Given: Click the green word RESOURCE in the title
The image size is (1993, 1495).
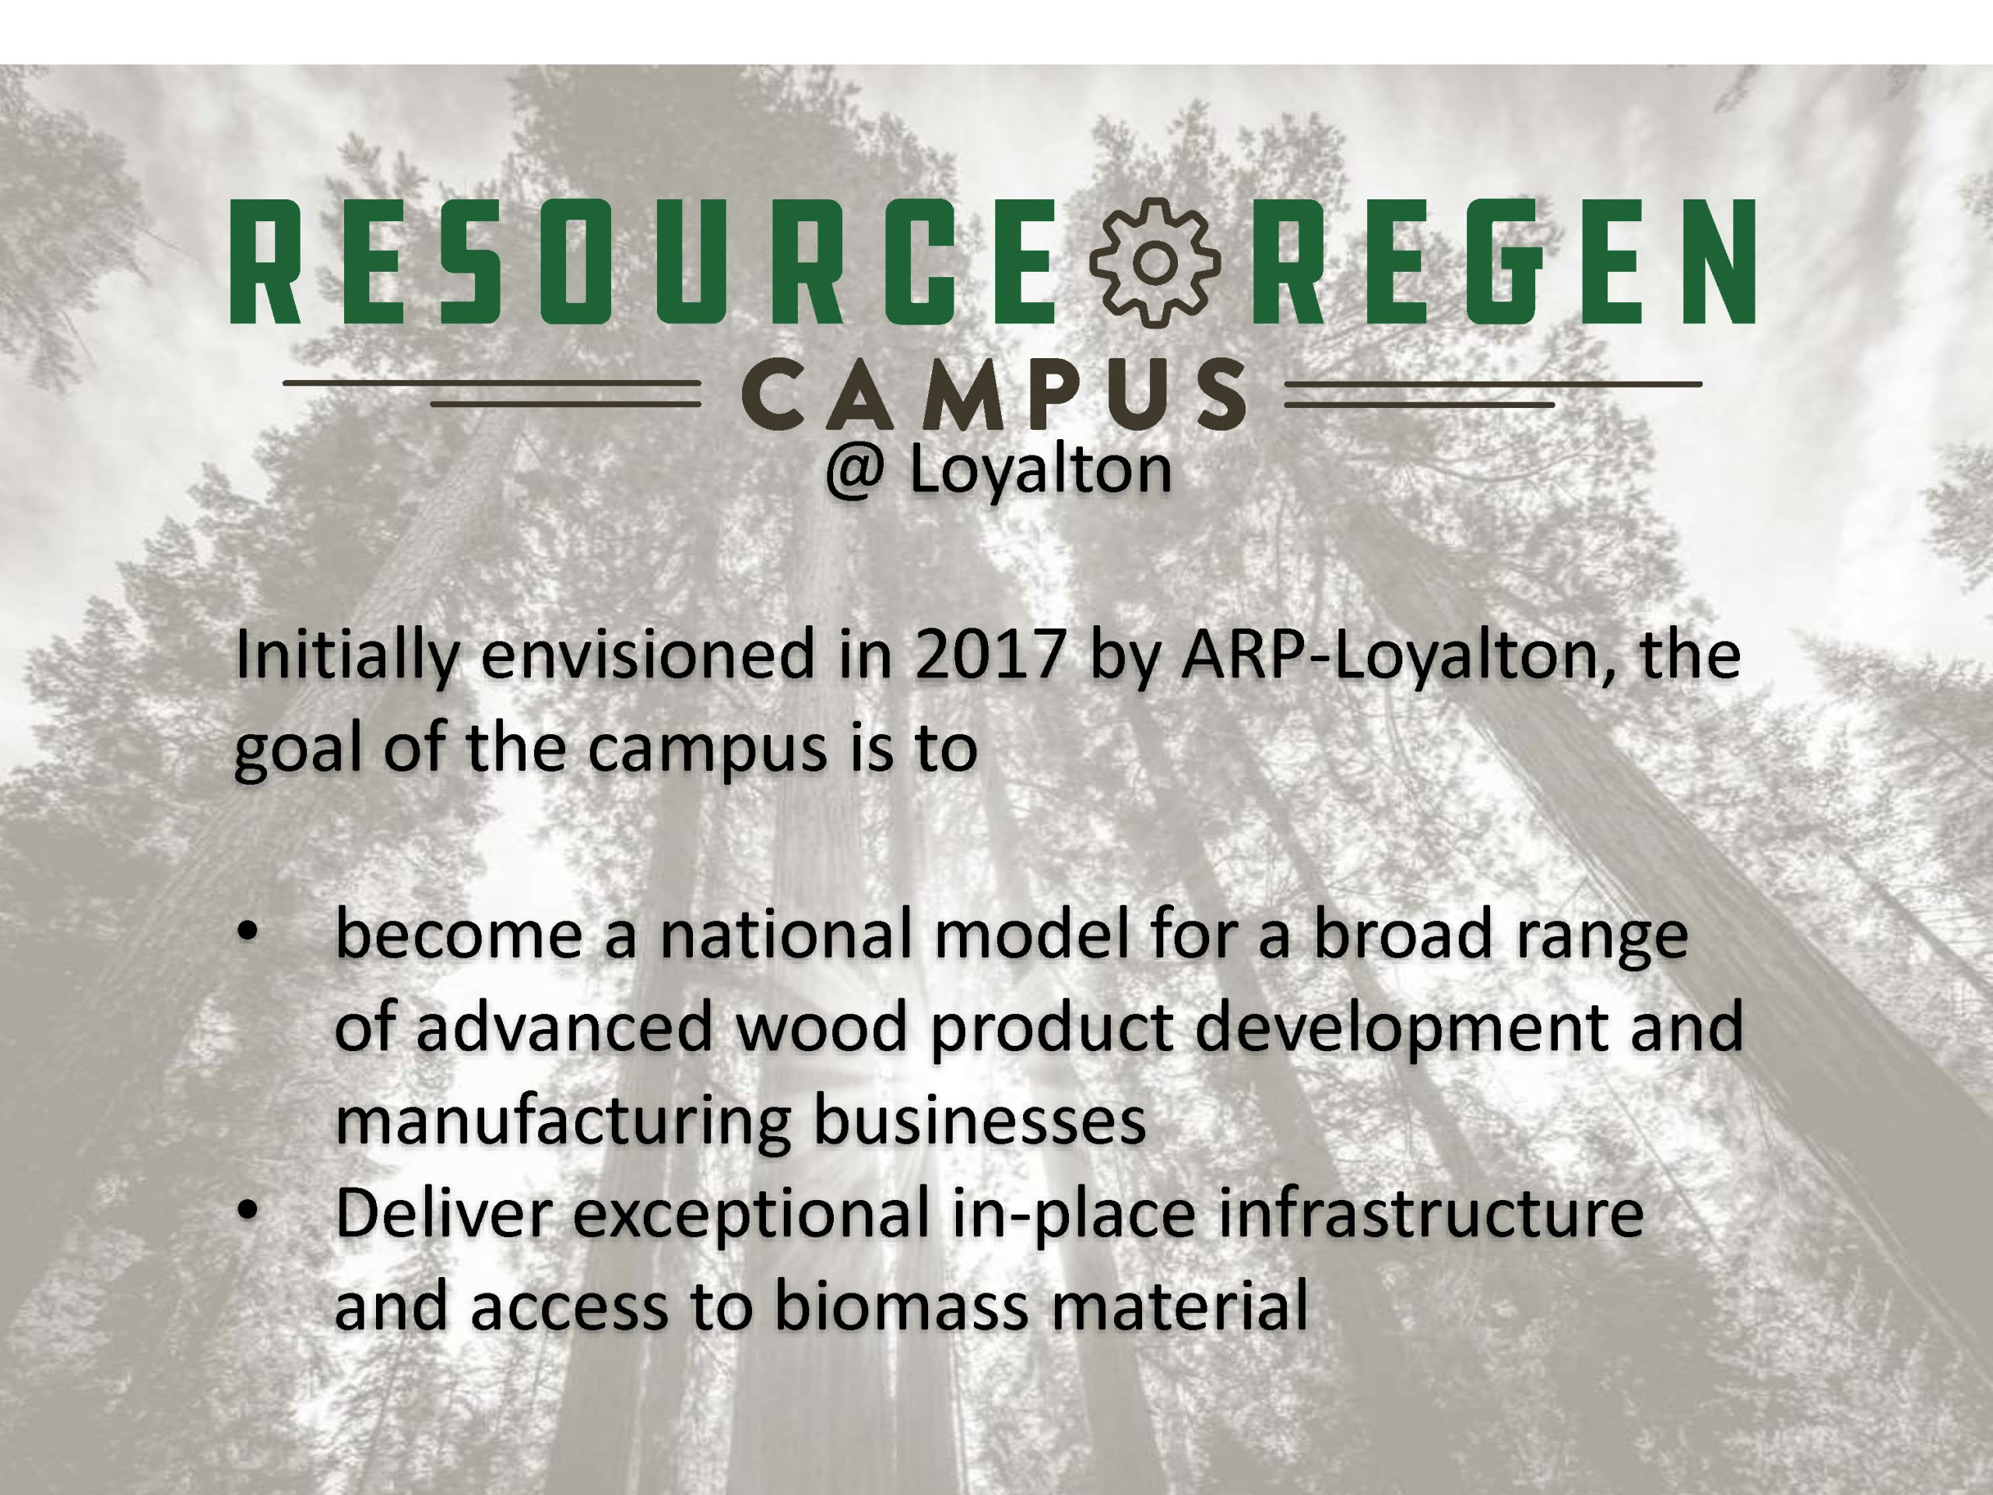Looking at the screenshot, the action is tap(642, 262).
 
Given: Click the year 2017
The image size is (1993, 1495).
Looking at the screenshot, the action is tap(990, 656).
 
